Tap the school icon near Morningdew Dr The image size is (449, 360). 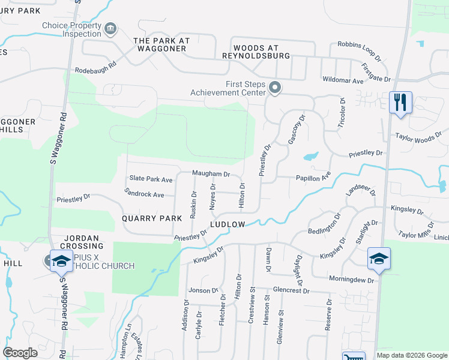(x=379, y=258)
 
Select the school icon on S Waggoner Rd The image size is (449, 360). (x=61, y=260)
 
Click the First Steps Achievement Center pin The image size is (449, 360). (x=275, y=88)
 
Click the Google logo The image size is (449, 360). (x=20, y=353)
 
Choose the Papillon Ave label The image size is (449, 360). (x=313, y=178)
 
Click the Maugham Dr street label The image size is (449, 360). (x=211, y=173)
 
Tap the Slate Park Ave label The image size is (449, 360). (x=151, y=179)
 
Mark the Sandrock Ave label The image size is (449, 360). (x=144, y=194)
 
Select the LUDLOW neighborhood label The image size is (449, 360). (x=228, y=224)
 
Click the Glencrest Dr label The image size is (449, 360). (x=291, y=290)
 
